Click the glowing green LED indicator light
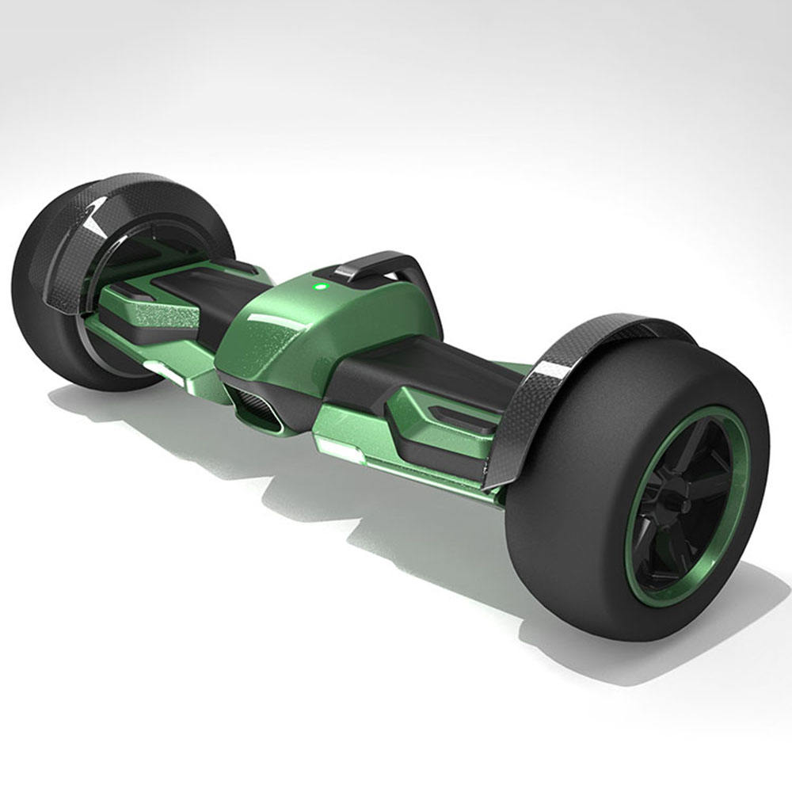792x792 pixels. point(319,287)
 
